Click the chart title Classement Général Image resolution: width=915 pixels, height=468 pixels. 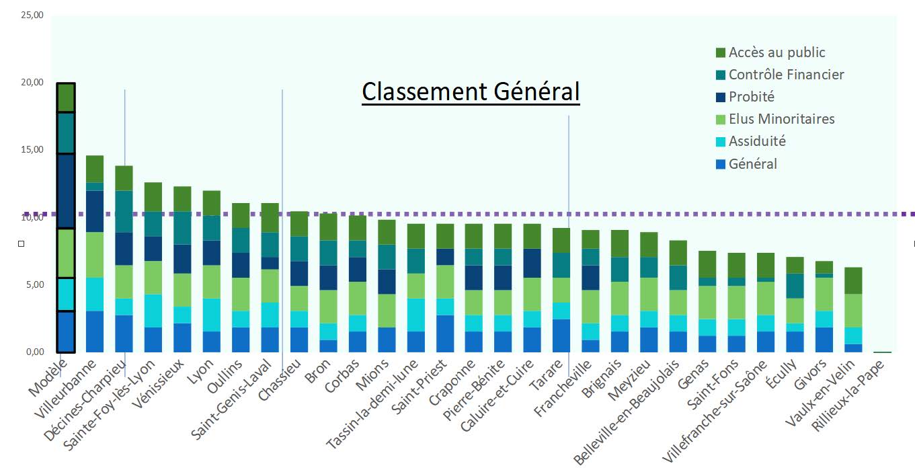(471, 91)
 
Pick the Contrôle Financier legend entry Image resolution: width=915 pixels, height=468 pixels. (786, 75)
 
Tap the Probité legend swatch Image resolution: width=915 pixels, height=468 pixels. (721, 97)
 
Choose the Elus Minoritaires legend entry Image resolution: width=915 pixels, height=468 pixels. (781, 119)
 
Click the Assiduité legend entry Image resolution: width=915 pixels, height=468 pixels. (757, 141)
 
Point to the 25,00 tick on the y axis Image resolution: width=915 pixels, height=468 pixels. (32, 15)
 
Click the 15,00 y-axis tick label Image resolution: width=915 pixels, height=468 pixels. (32, 149)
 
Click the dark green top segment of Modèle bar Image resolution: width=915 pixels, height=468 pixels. (66, 97)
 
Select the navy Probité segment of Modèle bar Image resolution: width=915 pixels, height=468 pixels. (66, 191)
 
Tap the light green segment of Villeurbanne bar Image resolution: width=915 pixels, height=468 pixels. (95, 255)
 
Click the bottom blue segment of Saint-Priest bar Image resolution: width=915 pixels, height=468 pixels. (446, 334)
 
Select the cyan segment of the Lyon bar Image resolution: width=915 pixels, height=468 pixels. (212, 315)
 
